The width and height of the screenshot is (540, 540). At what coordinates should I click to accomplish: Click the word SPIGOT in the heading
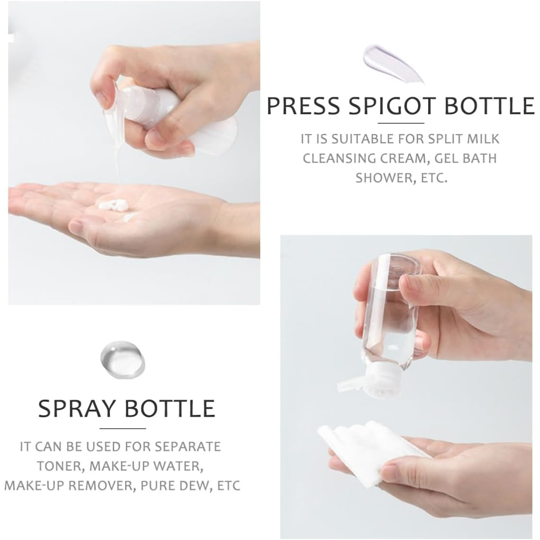click(393, 106)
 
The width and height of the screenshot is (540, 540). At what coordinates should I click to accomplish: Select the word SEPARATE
click(187, 447)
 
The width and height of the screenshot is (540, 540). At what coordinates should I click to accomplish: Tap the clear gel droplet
click(123, 359)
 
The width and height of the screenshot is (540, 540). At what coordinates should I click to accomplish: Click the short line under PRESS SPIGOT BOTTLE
click(401, 123)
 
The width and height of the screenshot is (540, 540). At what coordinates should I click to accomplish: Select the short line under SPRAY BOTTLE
click(123, 429)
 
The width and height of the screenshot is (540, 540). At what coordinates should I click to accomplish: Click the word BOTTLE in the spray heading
click(169, 409)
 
